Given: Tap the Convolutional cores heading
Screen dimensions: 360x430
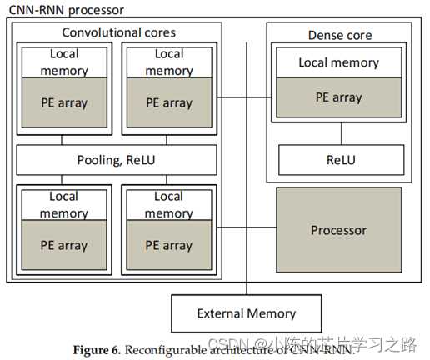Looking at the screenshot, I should pyautogui.click(x=119, y=32).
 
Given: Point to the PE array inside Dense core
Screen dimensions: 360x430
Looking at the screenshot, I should pyautogui.click(x=338, y=97).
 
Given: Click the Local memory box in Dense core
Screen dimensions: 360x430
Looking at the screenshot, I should pyautogui.click(x=338, y=63).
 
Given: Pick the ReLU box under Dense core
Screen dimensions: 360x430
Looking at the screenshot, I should pyautogui.click(x=338, y=158).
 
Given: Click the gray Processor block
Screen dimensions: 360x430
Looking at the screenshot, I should pyautogui.click(x=338, y=230).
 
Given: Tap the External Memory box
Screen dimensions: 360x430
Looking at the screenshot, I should pyautogui.click(x=246, y=313).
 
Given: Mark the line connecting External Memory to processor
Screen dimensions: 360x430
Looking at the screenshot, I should pyautogui.click(x=247, y=288).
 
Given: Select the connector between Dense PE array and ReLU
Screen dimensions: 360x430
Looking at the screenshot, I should pyautogui.click(x=338, y=130).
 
